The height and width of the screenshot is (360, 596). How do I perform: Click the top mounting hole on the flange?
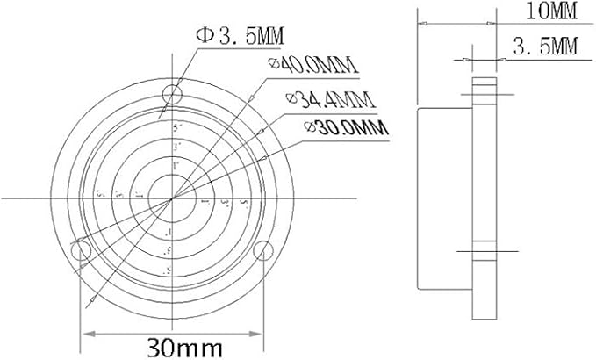pyautogui.click(x=173, y=95)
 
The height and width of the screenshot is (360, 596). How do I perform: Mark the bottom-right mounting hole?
pyautogui.click(x=262, y=251)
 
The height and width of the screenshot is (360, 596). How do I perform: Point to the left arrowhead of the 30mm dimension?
pyautogui.click(x=85, y=334)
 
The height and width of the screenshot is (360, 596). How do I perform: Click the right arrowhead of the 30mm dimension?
pyautogui.click(x=259, y=334)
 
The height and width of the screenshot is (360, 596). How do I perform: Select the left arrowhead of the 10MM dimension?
pyautogui.click(x=420, y=24)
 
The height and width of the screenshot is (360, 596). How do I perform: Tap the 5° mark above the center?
pyautogui.click(x=176, y=127)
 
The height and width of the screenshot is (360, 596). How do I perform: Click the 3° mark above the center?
pyautogui.click(x=176, y=146)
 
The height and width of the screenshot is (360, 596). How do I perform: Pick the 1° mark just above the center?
pyautogui.click(x=176, y=164)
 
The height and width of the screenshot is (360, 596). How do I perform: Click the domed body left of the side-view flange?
pyautogui.click(x=444, y=198)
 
